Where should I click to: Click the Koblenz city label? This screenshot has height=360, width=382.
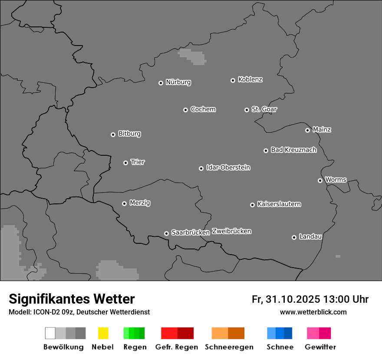(250, 79)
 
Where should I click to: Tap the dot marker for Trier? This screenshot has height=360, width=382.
(125, 163)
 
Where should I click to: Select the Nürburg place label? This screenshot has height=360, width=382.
(178, 82)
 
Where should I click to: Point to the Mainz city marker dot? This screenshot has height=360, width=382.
(307, 130)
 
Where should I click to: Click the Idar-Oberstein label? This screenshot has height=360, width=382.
(228, 167)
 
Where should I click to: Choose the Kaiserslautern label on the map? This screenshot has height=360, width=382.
(279, 204)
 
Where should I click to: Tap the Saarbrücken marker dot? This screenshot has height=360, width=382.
(166, 233)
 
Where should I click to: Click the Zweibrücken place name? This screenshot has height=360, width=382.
(231, 231)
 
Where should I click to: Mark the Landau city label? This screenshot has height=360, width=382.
(310, 236)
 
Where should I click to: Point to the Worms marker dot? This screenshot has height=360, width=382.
(320, 180)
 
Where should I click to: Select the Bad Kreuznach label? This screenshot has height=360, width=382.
(293, 150)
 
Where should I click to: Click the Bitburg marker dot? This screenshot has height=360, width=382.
(113, 134)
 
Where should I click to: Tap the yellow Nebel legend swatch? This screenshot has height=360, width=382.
(103, 333)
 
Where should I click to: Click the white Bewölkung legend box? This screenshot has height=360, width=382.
(50, 333)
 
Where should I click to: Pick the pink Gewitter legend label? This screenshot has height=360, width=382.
(320, 347)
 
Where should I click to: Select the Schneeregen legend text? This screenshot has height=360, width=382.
(229, 347)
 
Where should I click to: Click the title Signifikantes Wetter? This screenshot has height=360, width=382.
(72, 299)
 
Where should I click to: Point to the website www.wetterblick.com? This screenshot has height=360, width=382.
(313, 312)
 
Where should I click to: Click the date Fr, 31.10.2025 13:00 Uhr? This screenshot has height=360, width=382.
(310, 299)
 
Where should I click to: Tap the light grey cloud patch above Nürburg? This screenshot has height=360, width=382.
(192, 56)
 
